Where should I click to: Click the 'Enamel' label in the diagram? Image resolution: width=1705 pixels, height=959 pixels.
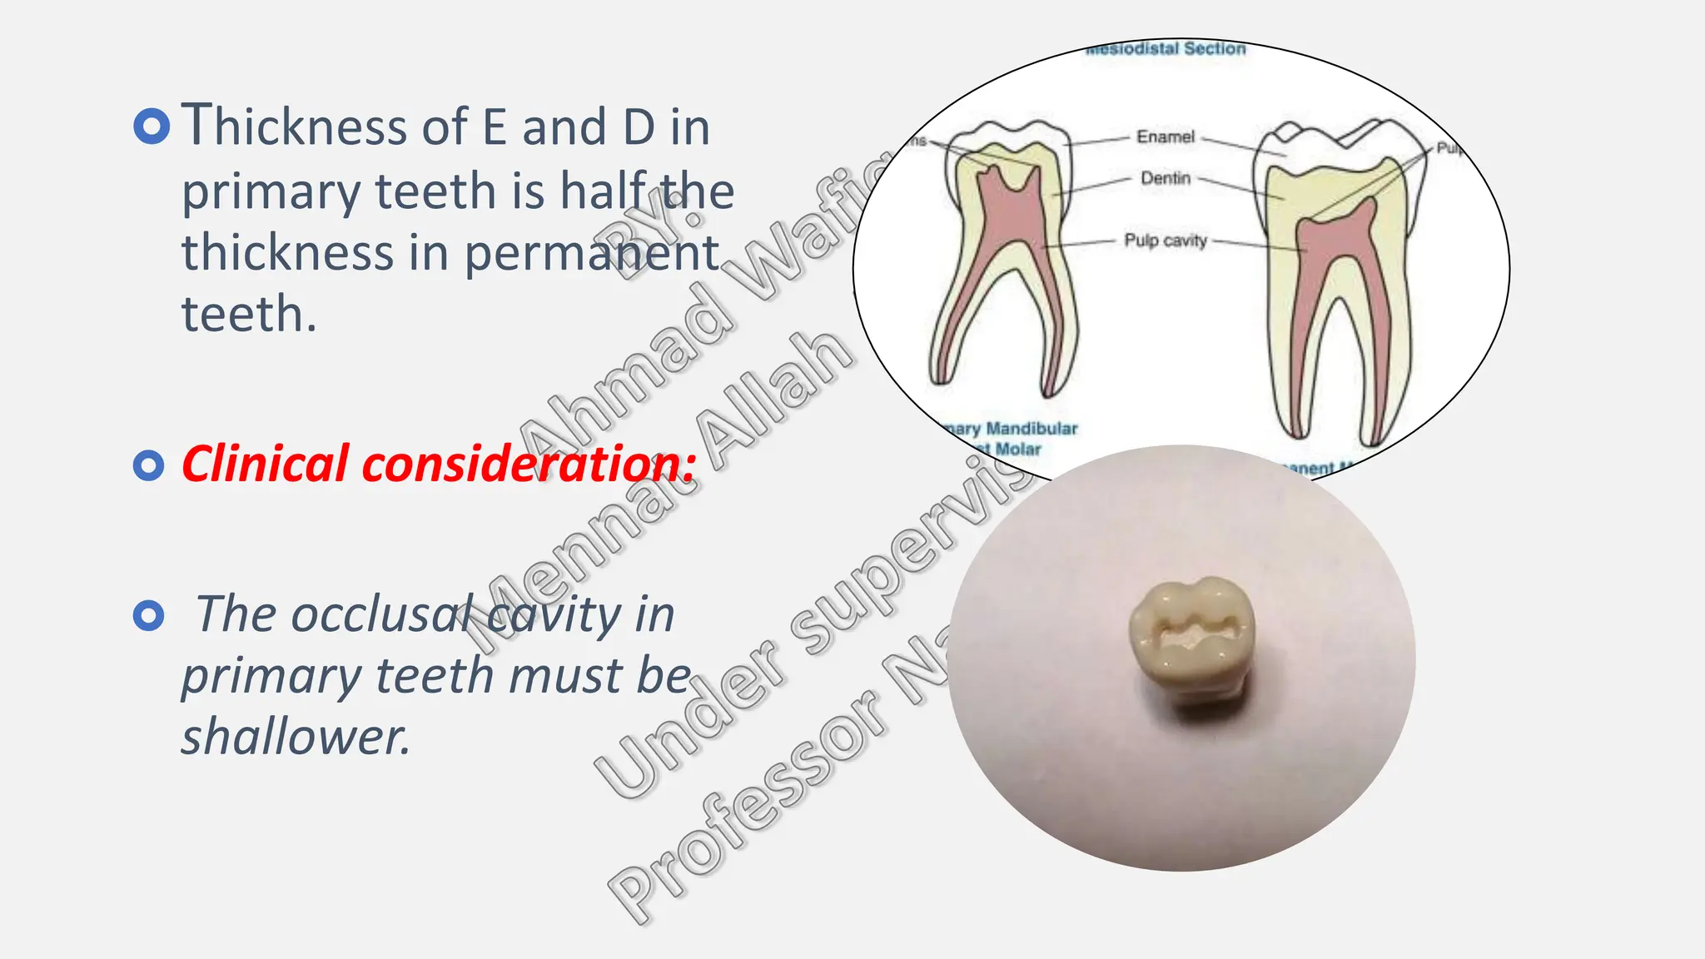1165,137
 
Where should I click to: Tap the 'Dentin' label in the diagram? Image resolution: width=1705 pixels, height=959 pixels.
1165,178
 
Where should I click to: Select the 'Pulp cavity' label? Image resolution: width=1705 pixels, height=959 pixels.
1165,241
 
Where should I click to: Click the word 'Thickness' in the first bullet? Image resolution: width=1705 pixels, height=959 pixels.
296,127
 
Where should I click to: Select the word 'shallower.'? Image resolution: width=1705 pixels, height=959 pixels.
296,737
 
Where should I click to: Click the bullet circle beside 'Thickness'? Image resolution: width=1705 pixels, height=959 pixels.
152,127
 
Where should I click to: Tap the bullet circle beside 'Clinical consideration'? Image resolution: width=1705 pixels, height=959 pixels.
149,465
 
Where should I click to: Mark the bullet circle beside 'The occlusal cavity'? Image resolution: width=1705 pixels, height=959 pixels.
149,616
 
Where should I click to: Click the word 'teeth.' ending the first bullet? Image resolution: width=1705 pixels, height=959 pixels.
249,315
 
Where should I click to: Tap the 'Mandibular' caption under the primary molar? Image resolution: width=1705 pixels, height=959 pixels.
1031,429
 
